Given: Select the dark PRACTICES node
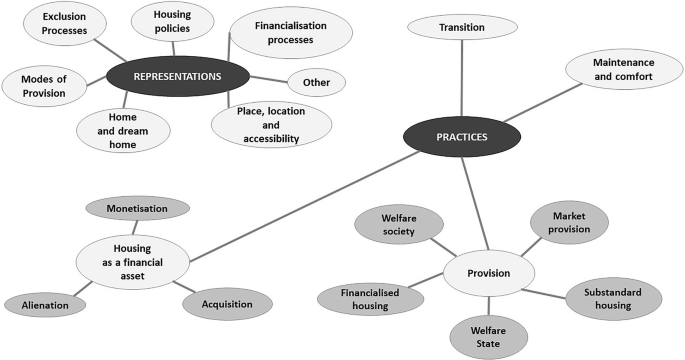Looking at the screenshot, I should click(462, 138).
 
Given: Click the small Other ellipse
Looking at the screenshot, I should click(316, 82).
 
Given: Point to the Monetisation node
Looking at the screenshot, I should click(137, 208).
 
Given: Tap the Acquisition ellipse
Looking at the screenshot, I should click(227, 304).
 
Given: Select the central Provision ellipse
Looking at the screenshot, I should click(489, 272).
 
